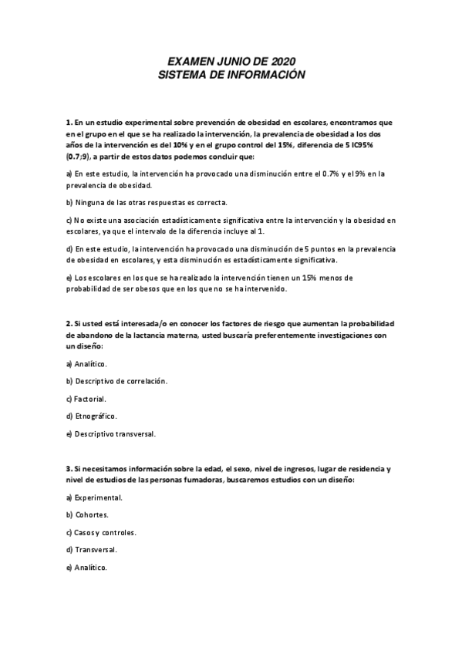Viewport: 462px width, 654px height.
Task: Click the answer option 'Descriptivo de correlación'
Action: [120, 381]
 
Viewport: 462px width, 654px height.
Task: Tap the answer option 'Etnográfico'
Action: [95, 416]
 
